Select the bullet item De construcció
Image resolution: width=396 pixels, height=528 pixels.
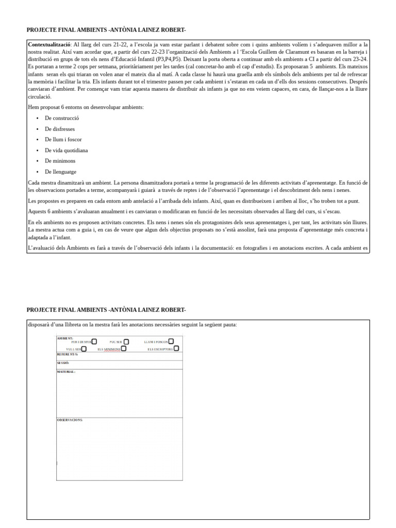pyautogui.click(x=62, y=118)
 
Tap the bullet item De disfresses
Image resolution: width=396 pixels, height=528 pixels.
pyautogui.click(x=61, y=129)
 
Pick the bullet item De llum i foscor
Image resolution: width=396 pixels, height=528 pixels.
pyautogui.click(x=63, y=140)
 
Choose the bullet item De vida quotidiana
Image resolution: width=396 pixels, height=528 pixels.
pyautogui.click(x=66, y=151)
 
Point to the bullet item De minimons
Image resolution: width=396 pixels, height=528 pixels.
pyautogui.click(x=60, y=161)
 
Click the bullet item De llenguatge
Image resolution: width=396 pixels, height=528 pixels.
pyautogui.click(x=60, y=172)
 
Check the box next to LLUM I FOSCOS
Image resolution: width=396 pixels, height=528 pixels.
pyautogui.click(x=171, y=341)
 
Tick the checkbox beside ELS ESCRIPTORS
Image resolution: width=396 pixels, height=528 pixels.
pyautogui.click(x=176, y=349)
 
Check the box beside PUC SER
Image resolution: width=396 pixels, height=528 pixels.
pyautogui.click(x=126, y=342)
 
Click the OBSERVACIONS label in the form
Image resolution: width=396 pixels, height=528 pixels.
pyautogui.click(x=70, y=420)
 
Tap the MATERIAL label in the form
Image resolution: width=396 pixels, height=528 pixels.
pyautogui.click(x=66, y=372)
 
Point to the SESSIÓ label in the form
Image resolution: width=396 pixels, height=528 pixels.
pyautogui.click(x=63, y=363)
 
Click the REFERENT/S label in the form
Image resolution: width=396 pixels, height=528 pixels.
pyautogui.click(x=68, y=355)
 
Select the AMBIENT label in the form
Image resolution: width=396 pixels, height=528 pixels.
pyautogui.click(x=65, y=339)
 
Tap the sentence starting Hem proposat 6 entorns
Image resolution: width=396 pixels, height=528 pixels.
pyautogui.click(x=86, y=107)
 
